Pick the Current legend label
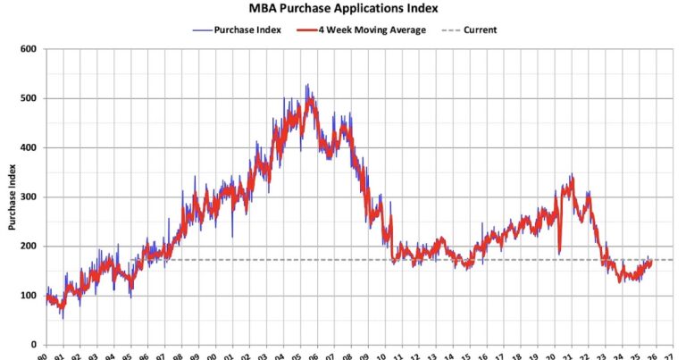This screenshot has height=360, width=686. point(479,29)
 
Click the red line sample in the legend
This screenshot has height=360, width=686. point(307,29)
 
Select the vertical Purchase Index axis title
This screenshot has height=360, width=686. point(12,197)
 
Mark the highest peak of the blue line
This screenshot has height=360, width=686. point(306,86)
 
